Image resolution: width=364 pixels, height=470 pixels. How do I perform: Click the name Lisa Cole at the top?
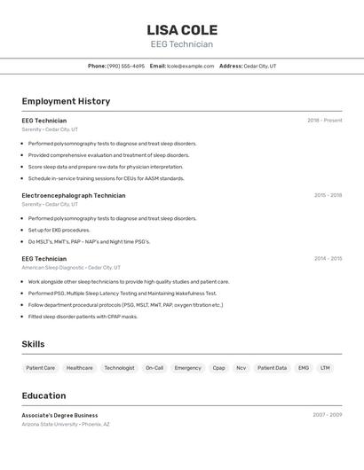coord(182,29)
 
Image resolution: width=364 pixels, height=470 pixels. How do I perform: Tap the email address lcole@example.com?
coord(190,66)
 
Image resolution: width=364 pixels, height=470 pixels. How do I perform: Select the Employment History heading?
coord(66,101)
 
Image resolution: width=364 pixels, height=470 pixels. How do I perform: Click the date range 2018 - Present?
coord(324,121)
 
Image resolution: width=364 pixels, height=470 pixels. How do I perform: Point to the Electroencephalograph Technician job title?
coord(74,195)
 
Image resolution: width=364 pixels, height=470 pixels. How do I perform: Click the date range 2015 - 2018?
coord(328,195)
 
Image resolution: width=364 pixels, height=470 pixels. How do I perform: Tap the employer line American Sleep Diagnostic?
coord(71,267)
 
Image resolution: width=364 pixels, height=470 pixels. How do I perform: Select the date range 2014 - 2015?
coord(328,259)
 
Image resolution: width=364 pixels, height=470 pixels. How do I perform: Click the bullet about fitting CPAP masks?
coord(83,317)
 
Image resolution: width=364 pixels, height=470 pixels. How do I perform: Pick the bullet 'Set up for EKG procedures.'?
coord(59,230)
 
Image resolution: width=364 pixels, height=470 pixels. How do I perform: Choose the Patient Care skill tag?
coord(40,367)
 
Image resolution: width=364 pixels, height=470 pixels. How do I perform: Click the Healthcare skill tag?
coord(79,367)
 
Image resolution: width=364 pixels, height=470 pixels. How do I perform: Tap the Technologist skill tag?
coord(119,367)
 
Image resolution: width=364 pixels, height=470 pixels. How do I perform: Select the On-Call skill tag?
coord(154,367)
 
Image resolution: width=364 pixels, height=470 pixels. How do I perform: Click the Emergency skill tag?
coord(187,367)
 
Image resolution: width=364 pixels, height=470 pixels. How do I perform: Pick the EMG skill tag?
coord(304,367)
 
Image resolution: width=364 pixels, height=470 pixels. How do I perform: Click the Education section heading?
coord(44,396)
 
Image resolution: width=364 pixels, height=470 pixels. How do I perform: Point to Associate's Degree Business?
coord(59,415)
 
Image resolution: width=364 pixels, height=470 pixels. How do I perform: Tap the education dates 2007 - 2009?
coord(327,415)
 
